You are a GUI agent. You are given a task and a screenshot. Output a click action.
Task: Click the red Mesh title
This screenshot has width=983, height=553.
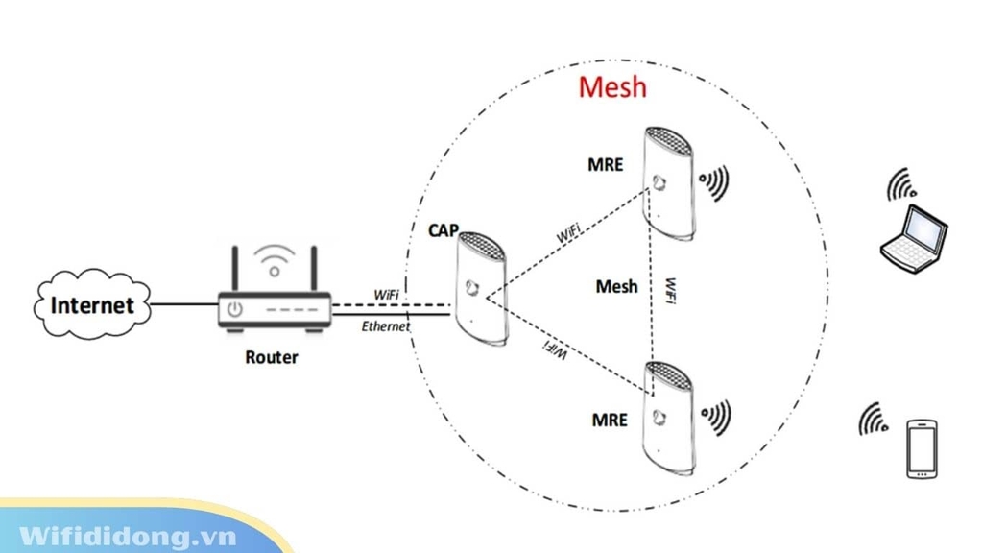pyautogui.click(x=612, y=87)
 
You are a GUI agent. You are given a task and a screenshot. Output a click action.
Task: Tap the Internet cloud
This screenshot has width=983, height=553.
pyautogui.click(x=92, y=305)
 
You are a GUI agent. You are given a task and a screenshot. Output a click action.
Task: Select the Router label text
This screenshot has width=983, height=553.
pyautogui.click(x=272, y=357)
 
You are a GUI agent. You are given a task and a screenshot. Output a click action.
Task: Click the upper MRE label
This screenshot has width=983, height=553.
pyautogui.click(x=605, y=165)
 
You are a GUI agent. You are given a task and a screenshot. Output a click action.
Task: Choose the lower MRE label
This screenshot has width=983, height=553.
pyautogui.click(x=609, y=420)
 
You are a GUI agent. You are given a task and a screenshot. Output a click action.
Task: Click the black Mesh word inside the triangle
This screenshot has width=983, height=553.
pyautogui.click(x=616, y=286)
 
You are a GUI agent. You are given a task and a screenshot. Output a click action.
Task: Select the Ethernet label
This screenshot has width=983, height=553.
pyautogui.click(x=386, y=327)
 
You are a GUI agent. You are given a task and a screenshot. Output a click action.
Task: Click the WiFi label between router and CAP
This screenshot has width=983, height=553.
pyautogui.click(x=388, y=291)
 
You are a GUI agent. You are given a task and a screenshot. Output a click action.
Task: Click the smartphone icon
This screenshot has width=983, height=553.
pyautogui.click(x=922, y=447)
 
